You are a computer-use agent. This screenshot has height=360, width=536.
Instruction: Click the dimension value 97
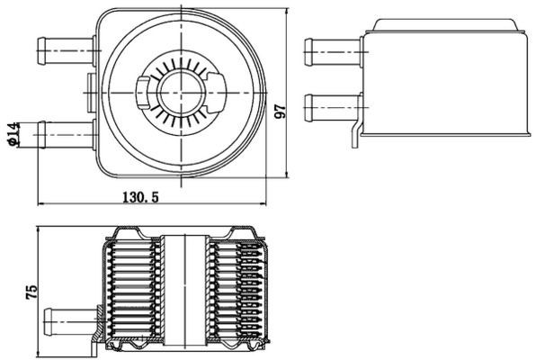point(280,109)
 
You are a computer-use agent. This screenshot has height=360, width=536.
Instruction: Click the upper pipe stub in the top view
point(66,50)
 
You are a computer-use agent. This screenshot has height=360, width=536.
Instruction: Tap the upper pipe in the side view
point(333,50)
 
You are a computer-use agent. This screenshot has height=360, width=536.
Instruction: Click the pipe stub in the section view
point(70,319)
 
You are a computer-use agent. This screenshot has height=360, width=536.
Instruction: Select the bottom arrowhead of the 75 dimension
point(39,354)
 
